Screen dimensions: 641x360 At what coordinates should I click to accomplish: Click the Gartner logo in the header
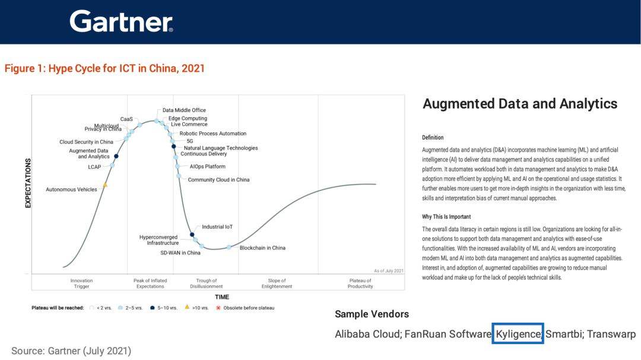tap(121, 21)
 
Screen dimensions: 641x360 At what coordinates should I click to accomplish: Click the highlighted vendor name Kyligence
tap(518, 334)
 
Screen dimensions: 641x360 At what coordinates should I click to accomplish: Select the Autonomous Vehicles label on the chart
tap(72, 190)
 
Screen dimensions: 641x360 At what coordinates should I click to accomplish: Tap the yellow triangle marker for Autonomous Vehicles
tap(105, 185)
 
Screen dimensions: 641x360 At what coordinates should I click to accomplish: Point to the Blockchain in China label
tap(262, 248)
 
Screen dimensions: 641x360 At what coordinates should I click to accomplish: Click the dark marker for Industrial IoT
tap(192, 234)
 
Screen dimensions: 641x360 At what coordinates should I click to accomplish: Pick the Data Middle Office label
tap(184, 110)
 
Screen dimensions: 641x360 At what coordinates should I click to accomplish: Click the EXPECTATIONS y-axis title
tap(28, 183)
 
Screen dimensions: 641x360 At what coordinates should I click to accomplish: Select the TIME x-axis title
tap(222, 297)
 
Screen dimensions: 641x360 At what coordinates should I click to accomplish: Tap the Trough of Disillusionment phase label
tap(207, 283)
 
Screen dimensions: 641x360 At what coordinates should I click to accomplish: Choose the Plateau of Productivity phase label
tap(360, 283)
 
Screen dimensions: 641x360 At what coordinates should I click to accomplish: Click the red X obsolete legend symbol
tap(218, 307)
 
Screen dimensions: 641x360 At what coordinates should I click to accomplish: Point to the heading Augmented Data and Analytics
tap(520, 104)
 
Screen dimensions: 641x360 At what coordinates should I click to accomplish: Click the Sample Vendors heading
tap(372, 314)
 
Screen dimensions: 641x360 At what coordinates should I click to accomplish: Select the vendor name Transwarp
tap(611, 334)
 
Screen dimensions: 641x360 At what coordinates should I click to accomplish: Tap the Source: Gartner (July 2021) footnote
tap(71, 351)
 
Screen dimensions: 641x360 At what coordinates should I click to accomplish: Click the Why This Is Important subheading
tap(446, 216)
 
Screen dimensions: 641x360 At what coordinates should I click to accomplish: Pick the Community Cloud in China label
tap(218, 179)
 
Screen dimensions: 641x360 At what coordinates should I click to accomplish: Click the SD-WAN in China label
tap(180, 253)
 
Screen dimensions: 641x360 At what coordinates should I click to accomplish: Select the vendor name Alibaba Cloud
tap(367, 334)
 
